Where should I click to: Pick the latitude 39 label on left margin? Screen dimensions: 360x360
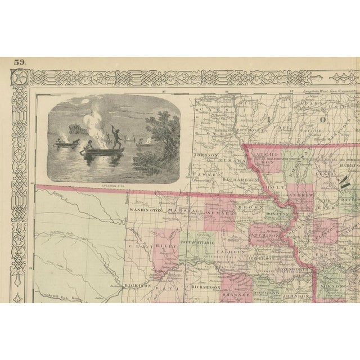[31, 268]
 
